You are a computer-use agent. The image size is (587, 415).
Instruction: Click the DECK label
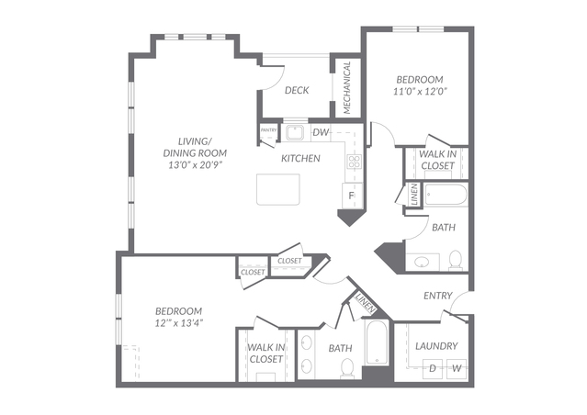click(297, 90)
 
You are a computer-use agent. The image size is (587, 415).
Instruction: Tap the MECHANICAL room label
click(347, 87)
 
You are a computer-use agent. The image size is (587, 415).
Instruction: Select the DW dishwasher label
click(321, 132)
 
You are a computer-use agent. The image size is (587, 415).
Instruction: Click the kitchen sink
click(295, 133)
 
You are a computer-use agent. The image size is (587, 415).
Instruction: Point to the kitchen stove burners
click(355, 162)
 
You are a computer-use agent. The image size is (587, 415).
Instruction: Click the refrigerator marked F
click(352, 196)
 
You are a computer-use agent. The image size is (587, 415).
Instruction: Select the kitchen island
click(278, 189)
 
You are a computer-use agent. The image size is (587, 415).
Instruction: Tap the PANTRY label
click(269, 130)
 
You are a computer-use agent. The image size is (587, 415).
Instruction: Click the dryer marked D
click(433, 369)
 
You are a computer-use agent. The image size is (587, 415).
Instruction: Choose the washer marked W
click(457, 369)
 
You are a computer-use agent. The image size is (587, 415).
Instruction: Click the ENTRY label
click(438, 296)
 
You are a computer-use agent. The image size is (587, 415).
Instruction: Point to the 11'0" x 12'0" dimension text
click(421, 91)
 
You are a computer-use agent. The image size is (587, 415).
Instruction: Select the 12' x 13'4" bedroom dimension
click(178, 323)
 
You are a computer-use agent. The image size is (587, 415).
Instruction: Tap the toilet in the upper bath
click(456, 260)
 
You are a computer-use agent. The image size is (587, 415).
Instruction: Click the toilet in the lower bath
click(347, 368)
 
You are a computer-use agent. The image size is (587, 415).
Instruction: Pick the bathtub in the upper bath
click(446, 195)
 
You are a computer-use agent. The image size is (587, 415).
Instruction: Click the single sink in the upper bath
click(423, 262)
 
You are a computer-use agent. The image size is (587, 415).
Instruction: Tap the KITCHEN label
click(300, 159)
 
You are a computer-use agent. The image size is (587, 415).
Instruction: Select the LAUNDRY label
click(437, 346)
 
